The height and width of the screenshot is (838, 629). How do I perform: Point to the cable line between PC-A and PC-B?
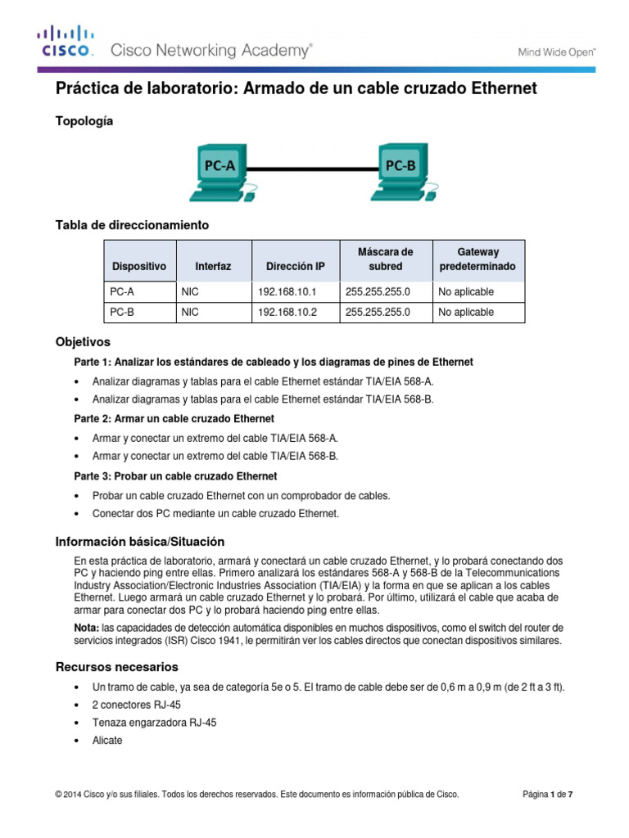311,168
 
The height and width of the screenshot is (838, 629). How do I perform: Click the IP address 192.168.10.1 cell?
287,291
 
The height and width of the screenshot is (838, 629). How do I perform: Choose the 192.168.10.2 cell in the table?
287,313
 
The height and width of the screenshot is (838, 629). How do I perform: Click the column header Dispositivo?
139,267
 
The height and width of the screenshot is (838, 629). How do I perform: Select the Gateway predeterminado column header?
477,259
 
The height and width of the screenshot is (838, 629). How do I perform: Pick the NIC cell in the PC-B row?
190,313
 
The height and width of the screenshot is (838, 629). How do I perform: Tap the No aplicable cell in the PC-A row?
466,291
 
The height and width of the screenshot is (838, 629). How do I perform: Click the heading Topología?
84,121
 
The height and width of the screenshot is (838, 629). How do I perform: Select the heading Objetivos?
82,341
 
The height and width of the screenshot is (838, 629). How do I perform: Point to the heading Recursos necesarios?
116,667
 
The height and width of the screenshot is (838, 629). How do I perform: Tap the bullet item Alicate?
107,740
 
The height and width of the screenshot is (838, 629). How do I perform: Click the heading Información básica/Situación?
139,543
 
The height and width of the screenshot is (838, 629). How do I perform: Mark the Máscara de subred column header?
385,259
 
